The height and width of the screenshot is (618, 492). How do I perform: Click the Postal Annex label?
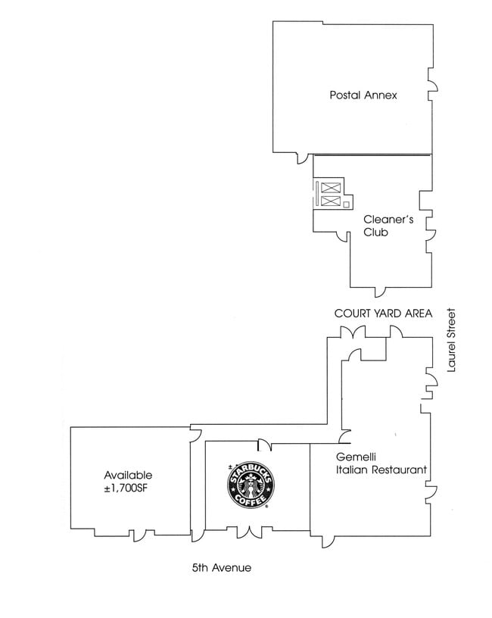(x=363, y=95)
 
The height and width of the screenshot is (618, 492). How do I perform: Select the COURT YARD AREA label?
(x=383, y=313)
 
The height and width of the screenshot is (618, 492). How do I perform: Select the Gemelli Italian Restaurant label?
(x=381, y=463)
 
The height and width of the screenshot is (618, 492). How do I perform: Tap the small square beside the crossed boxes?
(x=346, y=204)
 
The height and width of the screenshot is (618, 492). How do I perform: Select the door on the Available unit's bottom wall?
(x=139, y=535)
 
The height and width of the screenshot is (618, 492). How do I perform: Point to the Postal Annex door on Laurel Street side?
(x=432, y=81)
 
